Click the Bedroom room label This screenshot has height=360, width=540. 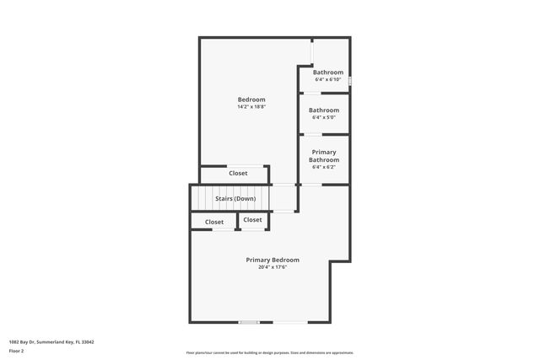point(251,99)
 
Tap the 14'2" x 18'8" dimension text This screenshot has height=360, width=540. point(251,107)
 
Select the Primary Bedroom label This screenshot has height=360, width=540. point(273,260)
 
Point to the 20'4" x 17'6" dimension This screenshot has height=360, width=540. point(273,268)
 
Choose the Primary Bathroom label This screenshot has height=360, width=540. point(324,156)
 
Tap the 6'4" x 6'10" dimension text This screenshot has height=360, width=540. point(328,80)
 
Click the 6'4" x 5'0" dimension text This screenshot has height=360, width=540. point(324,118)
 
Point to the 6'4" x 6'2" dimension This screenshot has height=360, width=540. point(324,168)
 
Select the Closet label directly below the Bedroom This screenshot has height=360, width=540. point(238,174)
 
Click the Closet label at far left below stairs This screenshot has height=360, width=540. point(214,223)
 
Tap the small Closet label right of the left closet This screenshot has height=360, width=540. point(252,220)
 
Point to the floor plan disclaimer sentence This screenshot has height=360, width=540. point(270,352)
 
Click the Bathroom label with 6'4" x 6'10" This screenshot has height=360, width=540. point(328,73)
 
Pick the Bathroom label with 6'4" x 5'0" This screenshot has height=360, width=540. point(324,110)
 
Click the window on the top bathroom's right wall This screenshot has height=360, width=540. point(350,81)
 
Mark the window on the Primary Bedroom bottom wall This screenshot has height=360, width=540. point(249,322)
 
